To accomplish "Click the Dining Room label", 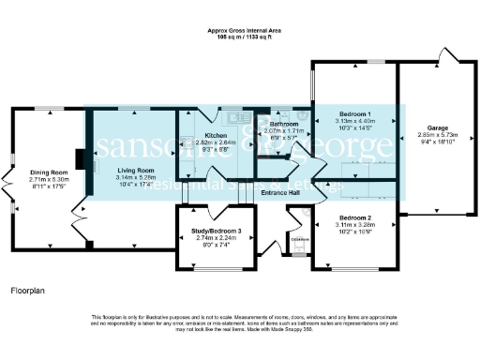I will coord(50,172).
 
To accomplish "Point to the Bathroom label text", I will coord(284,125).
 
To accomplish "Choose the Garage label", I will coord(438,127).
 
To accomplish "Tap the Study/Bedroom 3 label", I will coord(217,231).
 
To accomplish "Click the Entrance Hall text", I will coord(279,193).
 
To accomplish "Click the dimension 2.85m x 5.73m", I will coord(438,135).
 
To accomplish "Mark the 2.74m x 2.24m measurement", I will coord(217,238).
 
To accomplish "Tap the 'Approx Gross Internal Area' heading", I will coord(246,31).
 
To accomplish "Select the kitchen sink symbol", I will coord(232,119).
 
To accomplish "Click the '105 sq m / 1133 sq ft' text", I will coord(246,37).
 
